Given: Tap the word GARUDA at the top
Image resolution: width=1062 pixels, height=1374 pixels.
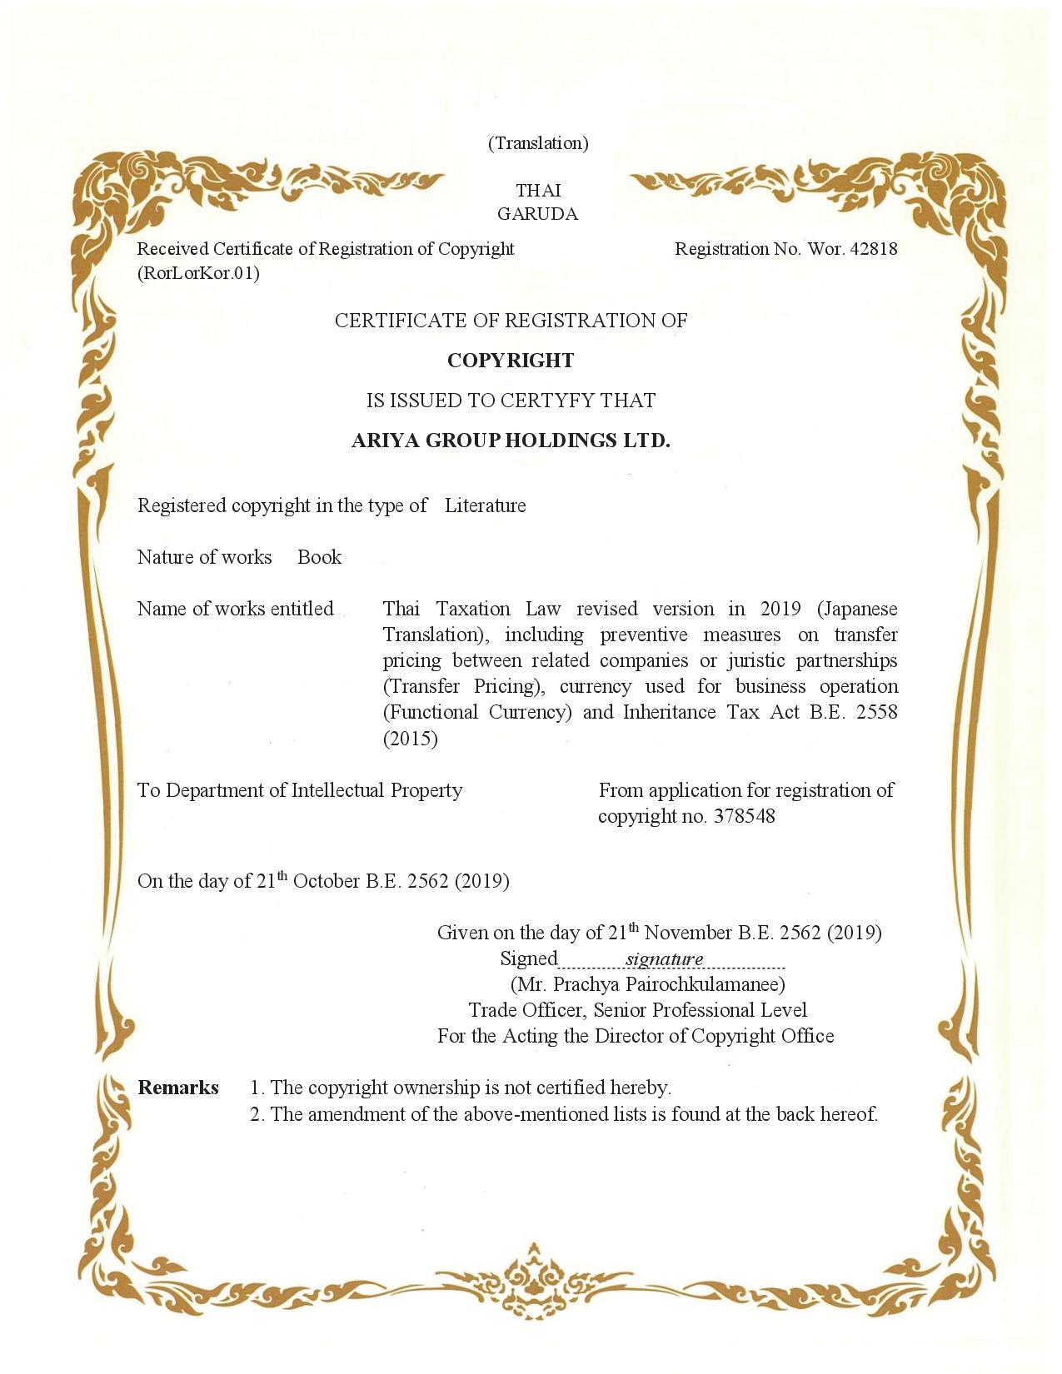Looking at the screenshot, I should click(537, 214).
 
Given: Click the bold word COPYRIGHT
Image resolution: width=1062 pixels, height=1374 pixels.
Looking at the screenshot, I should click(511, 361).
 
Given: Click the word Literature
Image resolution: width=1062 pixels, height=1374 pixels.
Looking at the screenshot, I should click(485, 506).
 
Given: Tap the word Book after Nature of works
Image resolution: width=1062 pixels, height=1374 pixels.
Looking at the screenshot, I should click(319, 557).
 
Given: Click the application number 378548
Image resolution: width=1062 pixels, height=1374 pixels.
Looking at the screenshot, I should click(744, 816).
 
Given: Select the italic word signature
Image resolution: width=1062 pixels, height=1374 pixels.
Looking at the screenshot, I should click(665, 959).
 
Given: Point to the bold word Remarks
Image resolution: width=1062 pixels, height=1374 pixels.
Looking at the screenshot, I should click(178, 1088).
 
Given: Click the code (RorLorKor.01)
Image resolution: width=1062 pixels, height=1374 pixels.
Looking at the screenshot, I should click(198, 273).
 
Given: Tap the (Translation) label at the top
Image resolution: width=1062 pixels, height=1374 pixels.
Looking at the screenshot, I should click(538, 143).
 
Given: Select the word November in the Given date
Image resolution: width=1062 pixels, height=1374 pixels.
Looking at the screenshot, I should click(688, 933).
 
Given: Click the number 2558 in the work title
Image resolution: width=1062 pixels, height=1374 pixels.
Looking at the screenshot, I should click(876, 713).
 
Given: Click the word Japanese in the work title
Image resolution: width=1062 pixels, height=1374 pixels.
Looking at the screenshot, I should click(859, 610).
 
